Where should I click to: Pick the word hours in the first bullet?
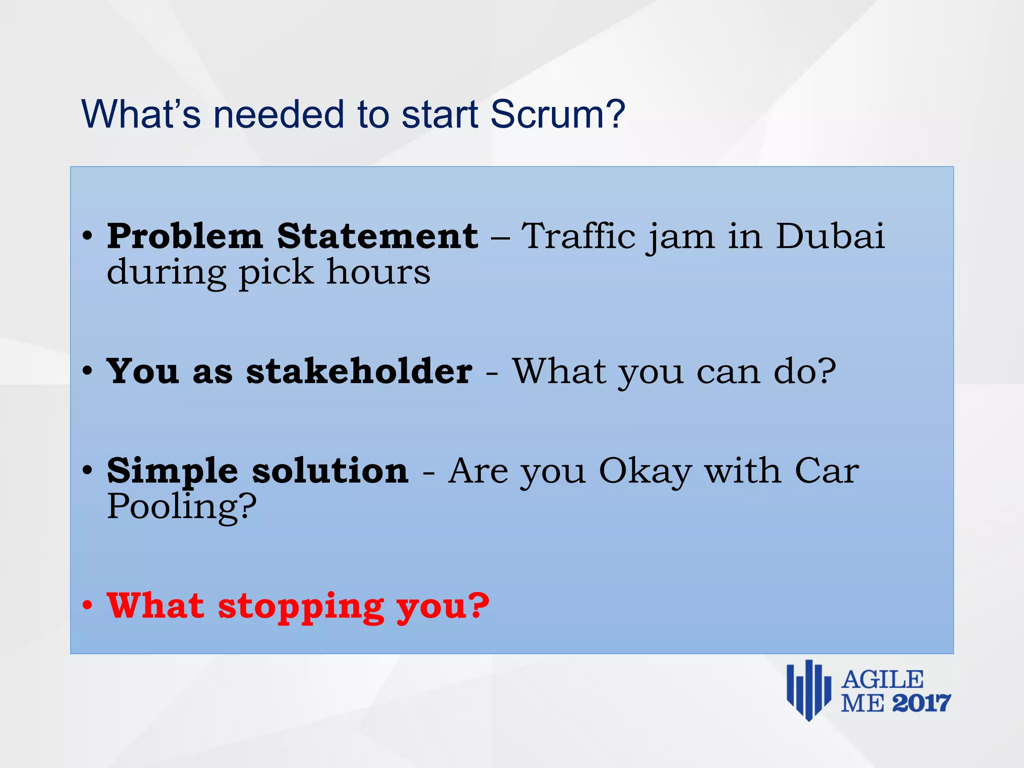378,272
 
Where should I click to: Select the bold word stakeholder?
359,371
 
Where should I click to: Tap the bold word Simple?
172,471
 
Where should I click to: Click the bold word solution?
330,471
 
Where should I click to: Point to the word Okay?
645,471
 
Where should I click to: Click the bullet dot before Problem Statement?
87,236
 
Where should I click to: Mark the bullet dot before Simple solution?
87,470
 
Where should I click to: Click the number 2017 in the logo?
921,703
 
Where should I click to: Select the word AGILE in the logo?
882,680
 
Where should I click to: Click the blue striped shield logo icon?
808,690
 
